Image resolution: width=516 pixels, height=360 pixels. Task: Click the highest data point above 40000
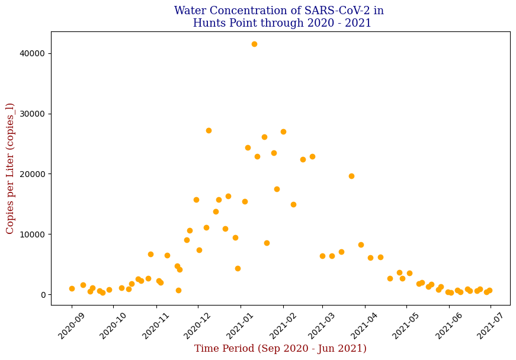pyautogui.click(x=254, y=44)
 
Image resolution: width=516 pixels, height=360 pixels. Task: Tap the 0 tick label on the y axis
pyautogui.click(x=43, y=295)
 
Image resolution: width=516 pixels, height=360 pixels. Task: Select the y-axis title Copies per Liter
pyautogui.click(x=10, y=168)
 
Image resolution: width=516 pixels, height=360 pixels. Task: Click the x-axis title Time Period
pyautogui.click(x=280, y=349)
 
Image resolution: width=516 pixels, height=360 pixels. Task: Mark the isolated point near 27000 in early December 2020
pyautogui.click(x=209, y=130)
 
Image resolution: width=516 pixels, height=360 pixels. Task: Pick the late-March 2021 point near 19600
pyautogui.click(x=351, y=176)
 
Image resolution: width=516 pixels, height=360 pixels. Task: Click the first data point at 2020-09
pyautogui.click(x=72, y=288)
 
